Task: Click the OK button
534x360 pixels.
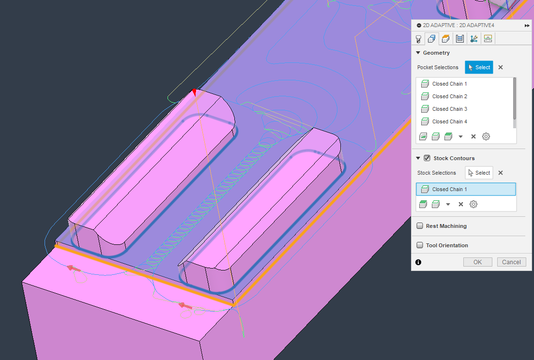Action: click(477, 262)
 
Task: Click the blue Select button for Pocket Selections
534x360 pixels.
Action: click(479, 67)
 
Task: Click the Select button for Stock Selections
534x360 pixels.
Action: click(479, 173)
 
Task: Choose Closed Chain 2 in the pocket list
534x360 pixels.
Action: click(449, 96)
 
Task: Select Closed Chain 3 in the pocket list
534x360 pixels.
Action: click(449, 109)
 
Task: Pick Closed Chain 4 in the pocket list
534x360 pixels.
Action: click(449, 121)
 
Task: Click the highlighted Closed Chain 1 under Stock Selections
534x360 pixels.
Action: click(449, 189)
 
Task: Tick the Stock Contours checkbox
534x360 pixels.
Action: click(427, 158)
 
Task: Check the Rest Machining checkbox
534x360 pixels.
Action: click(420, 226)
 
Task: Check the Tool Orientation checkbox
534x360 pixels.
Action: click(420, 245)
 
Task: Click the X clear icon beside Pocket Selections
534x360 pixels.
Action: click(501, 68)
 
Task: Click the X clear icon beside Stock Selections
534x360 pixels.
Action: click(501, 173)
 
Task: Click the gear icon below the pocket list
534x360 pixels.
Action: click(486, 136)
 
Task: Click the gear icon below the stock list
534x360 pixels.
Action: click(473, 204)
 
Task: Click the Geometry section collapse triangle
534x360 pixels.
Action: click(418, 53)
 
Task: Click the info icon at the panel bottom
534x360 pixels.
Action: click(418, 262)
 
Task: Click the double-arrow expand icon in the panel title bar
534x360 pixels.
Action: click(527, 25)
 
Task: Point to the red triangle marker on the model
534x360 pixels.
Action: click(194, 92)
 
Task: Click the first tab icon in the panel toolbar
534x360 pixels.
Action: click(418, 39)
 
